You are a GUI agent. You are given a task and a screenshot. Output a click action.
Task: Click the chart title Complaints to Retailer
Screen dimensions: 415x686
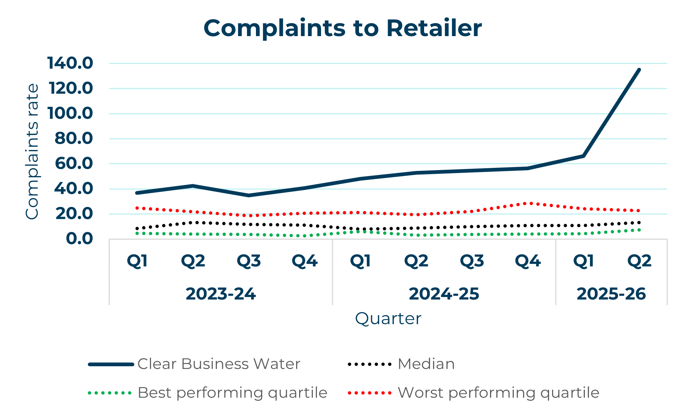tap(342, 28)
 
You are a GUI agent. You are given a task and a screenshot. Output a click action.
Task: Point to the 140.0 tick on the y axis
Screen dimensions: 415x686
tap(70, 63)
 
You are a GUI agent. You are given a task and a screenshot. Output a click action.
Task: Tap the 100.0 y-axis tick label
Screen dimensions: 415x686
tap(70, 113)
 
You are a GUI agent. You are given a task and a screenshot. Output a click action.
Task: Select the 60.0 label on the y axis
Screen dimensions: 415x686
tap(74, 163)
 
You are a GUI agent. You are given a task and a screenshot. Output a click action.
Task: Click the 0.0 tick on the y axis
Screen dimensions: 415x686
tap(79, 239)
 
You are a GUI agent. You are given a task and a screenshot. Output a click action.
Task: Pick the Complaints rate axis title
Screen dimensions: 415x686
tap(32, 151)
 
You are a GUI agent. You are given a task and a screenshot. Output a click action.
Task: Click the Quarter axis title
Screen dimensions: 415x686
tap(388, 319)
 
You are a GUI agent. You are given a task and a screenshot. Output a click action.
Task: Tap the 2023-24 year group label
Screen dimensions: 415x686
tap(221, 294)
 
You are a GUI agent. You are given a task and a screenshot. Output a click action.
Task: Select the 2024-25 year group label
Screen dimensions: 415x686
tap(444, 294)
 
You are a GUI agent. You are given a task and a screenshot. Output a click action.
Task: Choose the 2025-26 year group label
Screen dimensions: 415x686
tap(611, 294)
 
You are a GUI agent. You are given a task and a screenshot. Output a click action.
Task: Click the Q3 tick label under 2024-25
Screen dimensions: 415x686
tap(472, 261)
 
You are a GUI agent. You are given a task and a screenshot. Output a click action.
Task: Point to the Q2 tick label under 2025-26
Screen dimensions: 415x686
tap(639, 261)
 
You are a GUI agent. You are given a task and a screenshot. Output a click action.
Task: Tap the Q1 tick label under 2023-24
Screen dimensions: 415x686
tap(137, 261)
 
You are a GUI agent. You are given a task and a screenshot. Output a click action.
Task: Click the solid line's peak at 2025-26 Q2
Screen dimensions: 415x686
tap(639, 70)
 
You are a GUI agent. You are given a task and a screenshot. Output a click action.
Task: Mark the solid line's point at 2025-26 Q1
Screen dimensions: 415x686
tap(583, 156)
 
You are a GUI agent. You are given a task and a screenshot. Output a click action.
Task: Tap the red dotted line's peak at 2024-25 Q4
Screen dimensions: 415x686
tap(528, 203)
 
